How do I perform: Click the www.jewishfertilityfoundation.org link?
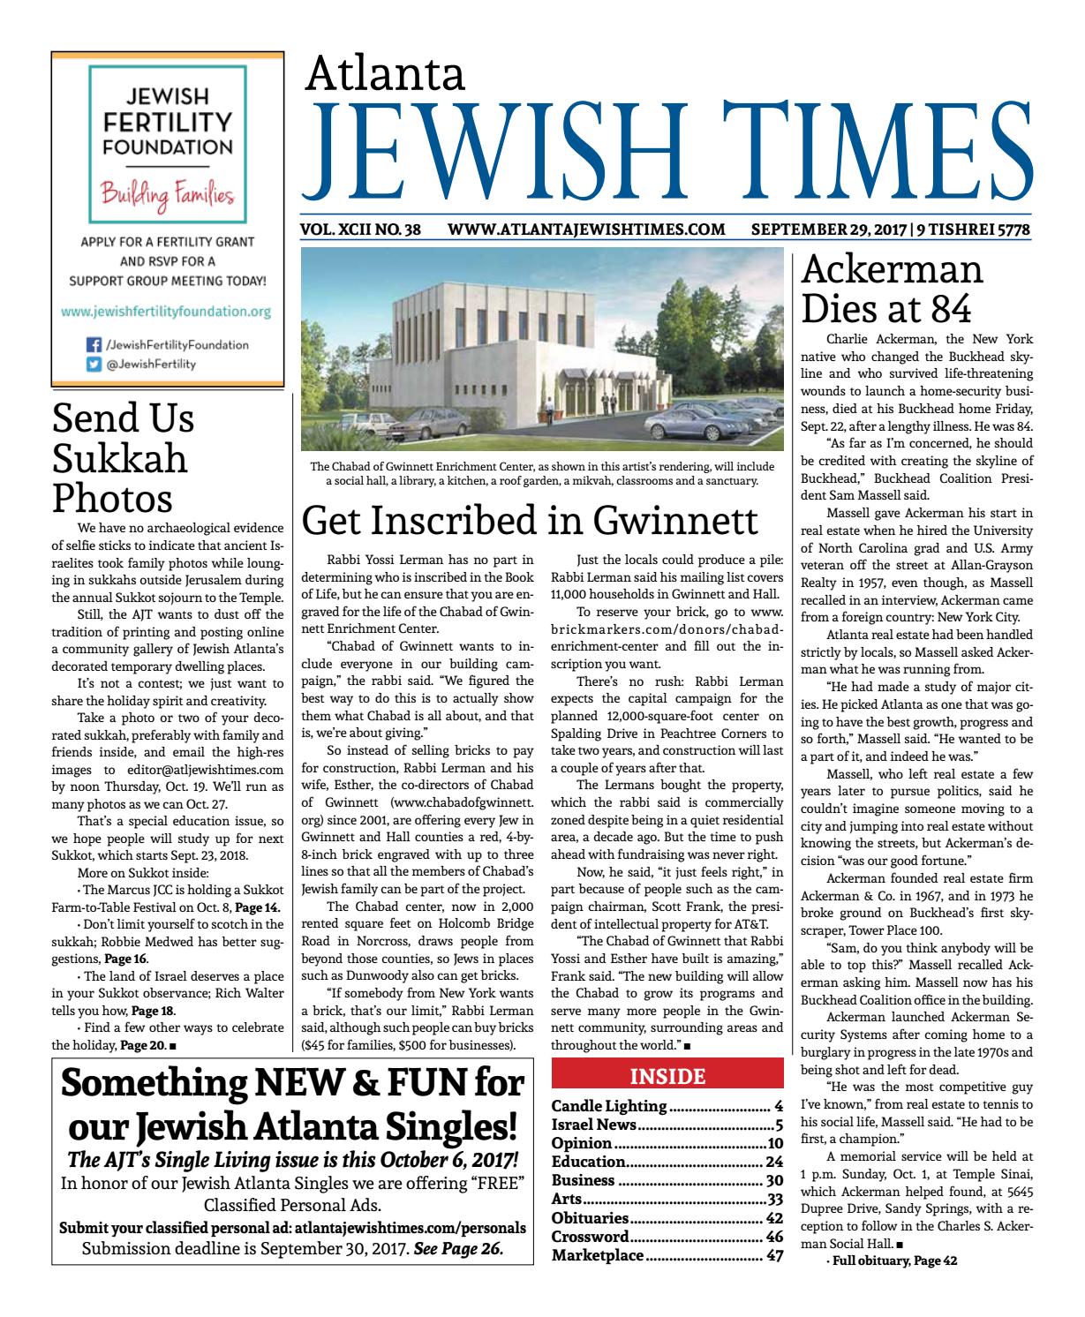click(166, 312)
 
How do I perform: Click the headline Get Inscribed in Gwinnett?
click(529, 520)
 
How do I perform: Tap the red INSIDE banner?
click(667, 1076)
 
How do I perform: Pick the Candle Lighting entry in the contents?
click(609, 1106)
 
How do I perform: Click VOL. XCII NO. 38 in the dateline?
click(360, 230)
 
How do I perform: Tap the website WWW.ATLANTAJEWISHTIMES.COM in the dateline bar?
click(586, 230)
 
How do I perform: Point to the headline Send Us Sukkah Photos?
click(124, 457)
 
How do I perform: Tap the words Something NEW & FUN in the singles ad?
click(292, 1086)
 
